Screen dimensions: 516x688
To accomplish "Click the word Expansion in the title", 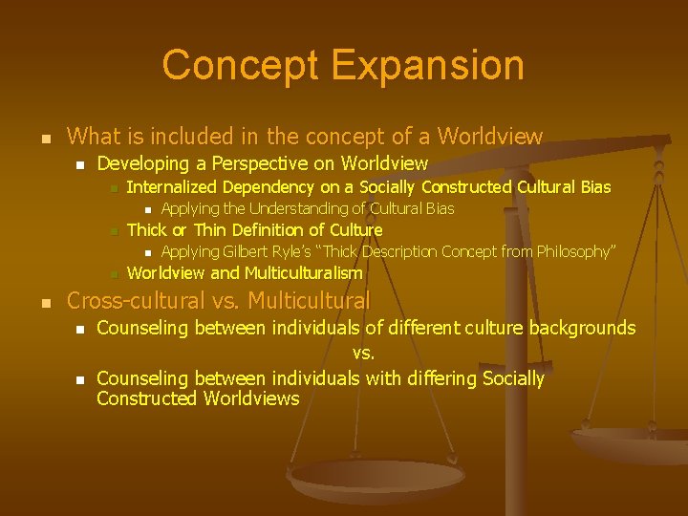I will click(x=429, y=65).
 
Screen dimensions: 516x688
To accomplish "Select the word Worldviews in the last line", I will click(x=252, y=398).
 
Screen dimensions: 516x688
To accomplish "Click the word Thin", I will click(x=210, y=229).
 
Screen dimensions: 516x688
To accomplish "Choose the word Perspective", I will click(x=277, y=163).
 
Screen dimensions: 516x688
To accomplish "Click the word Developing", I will click(x=143, y=163).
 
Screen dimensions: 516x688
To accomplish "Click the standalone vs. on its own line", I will click(x=363, y=353).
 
